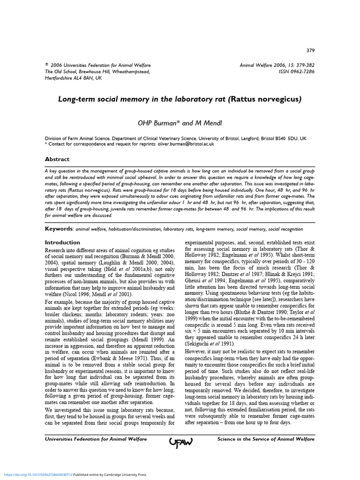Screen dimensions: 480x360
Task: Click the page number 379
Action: click(x=310, y=51)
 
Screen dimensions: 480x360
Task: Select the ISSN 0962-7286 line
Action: click(x=297, y=72)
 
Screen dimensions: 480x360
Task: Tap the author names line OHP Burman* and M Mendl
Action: click(x=180, y=123)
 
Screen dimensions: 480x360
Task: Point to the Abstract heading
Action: click(x=57, y=159)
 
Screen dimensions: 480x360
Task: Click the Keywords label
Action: click(x=59, y=228)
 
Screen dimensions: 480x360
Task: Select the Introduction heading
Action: click(x=62, y=242)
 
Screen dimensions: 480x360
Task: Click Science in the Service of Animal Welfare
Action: click(x=266, y=439)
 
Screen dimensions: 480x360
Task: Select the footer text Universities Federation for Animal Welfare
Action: click(x=96, y=439)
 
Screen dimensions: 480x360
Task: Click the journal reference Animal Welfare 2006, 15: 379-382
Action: click(x=277, y=65)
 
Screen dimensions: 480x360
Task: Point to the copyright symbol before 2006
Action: click(x=46, y=65)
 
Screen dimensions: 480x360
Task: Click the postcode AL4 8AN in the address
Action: click(x=83, y=78)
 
